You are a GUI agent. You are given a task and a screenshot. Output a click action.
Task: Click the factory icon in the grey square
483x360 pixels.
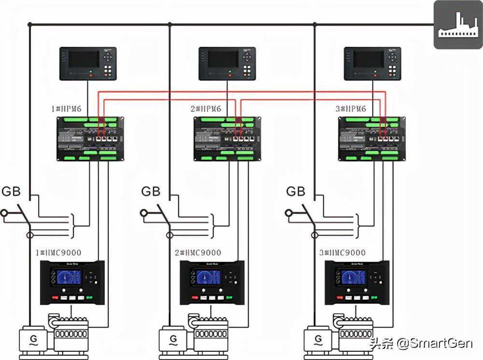tap(457, 26)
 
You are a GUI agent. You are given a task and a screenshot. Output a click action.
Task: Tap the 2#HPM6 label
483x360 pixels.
tap(206, 109)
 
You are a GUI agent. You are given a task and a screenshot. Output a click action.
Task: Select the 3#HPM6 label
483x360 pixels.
tap(351, 109)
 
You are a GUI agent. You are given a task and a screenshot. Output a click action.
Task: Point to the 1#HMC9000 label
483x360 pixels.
tap(58, 252)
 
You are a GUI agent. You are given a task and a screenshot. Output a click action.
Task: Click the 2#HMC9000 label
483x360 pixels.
tap(198, 252)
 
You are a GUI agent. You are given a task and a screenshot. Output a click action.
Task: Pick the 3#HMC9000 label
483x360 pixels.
tap(343, 252)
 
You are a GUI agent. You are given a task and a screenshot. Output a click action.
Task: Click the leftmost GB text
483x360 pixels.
tap(11, 192)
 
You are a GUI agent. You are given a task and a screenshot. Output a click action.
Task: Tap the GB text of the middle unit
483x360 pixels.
tap(151, 192)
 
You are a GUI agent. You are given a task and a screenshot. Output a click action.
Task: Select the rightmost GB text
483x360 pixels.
tap(296, 192)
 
